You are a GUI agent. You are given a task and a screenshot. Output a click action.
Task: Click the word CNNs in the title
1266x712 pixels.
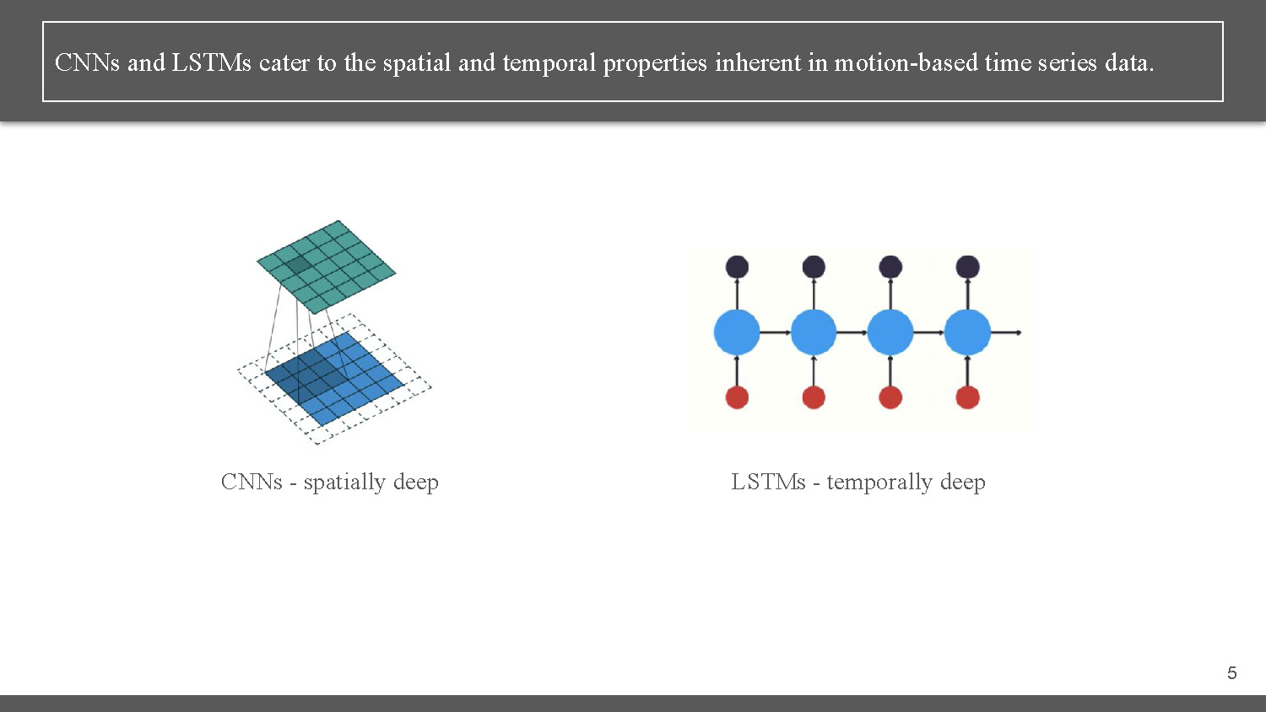[x=87, y=62]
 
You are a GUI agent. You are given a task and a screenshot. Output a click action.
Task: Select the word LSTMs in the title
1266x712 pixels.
[x=211, y=62]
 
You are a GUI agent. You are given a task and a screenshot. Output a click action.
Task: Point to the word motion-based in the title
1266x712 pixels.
[x=906, y=62]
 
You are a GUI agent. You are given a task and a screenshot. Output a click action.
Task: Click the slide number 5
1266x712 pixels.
[x=1231, y=672]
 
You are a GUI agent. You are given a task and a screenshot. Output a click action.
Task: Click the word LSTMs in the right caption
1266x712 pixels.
[x=768, y=482]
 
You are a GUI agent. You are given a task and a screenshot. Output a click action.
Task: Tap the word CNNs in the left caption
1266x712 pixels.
[x=252, y=482]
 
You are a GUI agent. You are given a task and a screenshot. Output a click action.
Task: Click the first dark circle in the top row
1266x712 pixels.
[x=737, y=267]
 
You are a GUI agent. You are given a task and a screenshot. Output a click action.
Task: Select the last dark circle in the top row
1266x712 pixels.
[x=967, y=267]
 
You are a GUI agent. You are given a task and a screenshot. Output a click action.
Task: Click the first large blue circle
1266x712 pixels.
[x=737, y=332]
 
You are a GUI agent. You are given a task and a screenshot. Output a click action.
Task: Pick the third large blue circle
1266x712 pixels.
[x=890, y=332]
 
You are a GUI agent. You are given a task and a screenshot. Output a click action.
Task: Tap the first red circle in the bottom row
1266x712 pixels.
[x=737, y=396]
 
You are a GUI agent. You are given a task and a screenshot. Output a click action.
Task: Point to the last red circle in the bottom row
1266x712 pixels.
[x=967, y=396]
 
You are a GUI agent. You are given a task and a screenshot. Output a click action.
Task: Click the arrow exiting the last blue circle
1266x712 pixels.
[x=1006, y=332]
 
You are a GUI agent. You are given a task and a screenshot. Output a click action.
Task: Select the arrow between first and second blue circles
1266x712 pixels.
[x=775, y=332]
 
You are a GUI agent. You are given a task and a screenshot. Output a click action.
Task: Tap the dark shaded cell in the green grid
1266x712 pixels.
[x=298, y=266]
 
